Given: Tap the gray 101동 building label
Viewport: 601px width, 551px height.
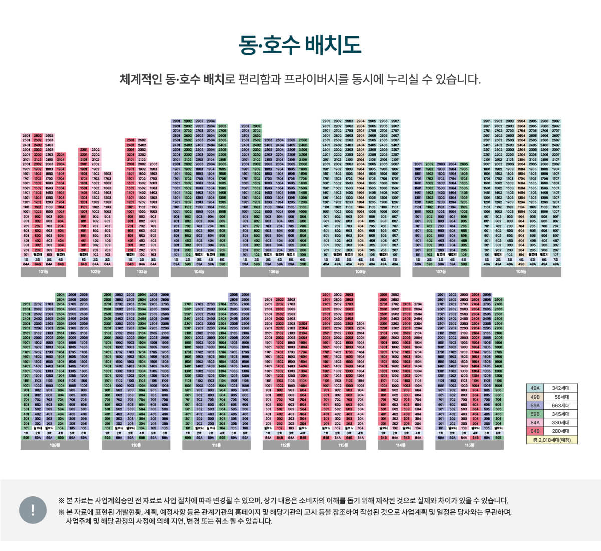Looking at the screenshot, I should point(43,272).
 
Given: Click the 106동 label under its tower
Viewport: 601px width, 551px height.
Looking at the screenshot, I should point(360,272).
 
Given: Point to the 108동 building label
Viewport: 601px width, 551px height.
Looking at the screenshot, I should point(521,272).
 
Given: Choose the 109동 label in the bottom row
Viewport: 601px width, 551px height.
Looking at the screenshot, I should point(55,445).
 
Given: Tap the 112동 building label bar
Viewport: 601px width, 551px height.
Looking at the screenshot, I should point(285,445).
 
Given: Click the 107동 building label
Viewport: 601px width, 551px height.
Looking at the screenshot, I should point(440,272).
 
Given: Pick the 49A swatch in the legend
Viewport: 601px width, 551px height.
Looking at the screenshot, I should point(535,388).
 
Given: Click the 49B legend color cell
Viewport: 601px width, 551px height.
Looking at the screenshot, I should point(535,397).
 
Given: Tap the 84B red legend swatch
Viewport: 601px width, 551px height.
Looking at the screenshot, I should point(535,431).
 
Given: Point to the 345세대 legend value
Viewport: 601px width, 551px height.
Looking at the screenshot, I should point(560,414).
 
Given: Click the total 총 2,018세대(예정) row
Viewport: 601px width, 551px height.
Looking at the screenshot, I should point(552,440).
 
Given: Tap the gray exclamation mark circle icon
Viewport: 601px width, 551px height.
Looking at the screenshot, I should point(33,510).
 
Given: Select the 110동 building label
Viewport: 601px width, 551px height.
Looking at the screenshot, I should point(136,445).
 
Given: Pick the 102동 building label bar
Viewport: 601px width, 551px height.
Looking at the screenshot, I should point(95,272).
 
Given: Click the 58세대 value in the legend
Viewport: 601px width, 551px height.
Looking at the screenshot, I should point(560,397).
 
